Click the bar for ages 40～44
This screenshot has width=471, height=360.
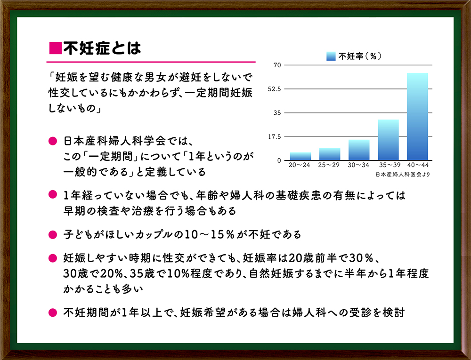(417, 117)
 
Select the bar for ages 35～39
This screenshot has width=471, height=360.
(388, 140)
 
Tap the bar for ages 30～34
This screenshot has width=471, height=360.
(359, 150)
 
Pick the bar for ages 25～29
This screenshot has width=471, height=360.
(330, 154)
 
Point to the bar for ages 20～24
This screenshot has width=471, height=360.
(300, 156)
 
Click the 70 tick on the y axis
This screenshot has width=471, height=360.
(277, 65)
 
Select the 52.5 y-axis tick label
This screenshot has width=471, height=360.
(274, 89)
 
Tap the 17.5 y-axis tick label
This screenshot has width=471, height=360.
(274, 137)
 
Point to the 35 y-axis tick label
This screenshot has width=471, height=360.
(277, 113)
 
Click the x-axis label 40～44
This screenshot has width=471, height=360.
(418, 165)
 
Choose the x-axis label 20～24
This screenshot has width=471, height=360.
(299, 165)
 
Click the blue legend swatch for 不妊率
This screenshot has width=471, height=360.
(331, 56)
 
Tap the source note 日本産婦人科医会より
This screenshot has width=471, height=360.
(403, 174)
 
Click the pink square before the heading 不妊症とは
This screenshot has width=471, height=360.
(55, 48)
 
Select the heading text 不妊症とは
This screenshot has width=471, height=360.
(102, 48)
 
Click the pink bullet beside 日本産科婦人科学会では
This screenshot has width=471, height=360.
(53, 141)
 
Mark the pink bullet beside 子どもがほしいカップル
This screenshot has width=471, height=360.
(53, 235)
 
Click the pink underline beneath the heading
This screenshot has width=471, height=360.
(151, 62)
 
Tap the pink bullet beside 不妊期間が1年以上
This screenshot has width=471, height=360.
(53, 313)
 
